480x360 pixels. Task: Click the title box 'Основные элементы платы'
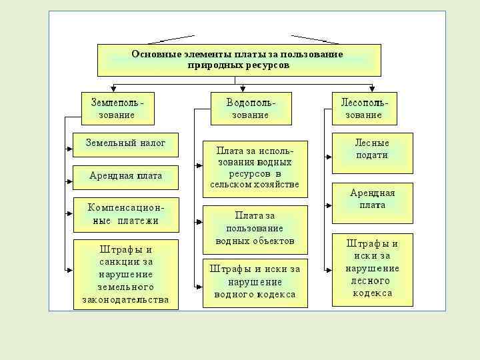tap(239, 60)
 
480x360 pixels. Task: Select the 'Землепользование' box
tap(117, 109)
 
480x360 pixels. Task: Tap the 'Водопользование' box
tap(251, 109)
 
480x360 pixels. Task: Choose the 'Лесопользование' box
tap(365, 109)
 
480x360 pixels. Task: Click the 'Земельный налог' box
tap(125, 143)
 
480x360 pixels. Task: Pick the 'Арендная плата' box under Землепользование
tap(125, 177)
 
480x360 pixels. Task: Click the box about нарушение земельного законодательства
tap(125, 274)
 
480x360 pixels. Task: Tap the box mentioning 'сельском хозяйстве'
tap(255, 169)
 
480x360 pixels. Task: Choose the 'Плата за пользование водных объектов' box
tap(255, 228)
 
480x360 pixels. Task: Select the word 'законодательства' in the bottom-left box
tap(125, 300)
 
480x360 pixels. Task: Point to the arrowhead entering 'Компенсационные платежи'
tap(70, 213)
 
